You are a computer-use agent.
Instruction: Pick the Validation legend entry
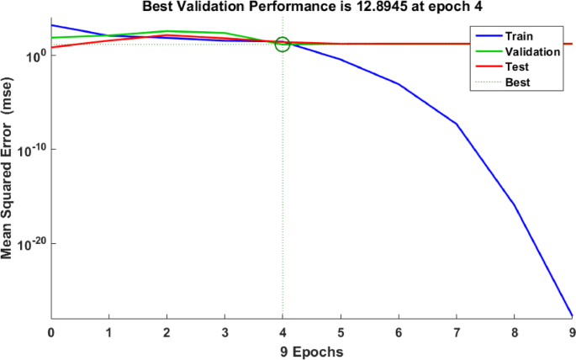click(x=531, y=52)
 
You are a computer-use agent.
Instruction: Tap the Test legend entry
click(x=516, y=67)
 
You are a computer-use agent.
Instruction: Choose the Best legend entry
click(x=517, y=82)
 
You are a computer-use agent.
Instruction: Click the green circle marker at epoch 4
click(x=283, y=44)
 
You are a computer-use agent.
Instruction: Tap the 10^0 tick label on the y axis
click(x=34, y=57)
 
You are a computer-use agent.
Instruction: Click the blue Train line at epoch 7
click(x=457, y=124)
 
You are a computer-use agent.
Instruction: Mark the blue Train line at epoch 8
click(x=514, y=204)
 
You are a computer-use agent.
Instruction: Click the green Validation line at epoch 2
click(x=167, y=31)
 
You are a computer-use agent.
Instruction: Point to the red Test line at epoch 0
click(x=52, y=47)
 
